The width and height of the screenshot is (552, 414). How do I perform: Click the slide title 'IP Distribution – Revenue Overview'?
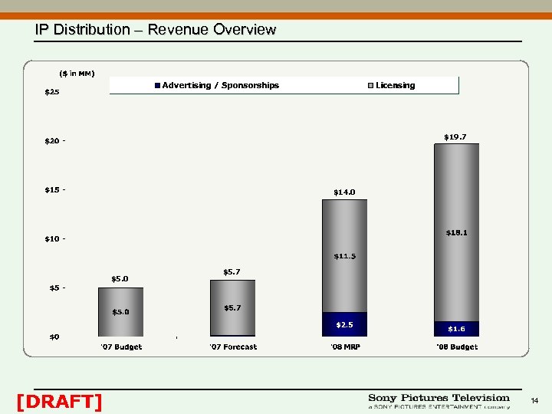[x=155, y=30]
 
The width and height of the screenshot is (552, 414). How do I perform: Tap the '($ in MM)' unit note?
[x=77, y=73]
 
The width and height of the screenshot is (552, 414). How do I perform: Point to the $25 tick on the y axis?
[x=52, y=92]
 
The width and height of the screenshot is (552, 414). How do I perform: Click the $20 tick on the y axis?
[x=52, y=141]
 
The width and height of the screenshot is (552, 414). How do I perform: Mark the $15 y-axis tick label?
[x=52, y=189]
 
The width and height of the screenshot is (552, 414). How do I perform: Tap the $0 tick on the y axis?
[x=54, y=337]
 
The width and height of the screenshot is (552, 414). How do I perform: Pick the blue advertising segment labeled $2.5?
[x=344, y=324]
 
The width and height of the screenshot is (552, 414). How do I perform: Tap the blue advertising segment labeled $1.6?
[x=456, y=329]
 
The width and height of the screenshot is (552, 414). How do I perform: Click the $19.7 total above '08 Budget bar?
[x=455, y=136]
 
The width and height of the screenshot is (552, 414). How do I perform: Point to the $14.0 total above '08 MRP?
[x=344, y=192]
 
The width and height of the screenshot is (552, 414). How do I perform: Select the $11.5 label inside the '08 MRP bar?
[x=344, y=256]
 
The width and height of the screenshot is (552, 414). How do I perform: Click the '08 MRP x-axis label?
[x=344, y=347]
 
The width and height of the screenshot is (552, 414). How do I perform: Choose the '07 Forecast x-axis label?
[x=233, y=347]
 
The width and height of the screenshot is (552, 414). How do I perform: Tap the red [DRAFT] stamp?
[x=58, y=401]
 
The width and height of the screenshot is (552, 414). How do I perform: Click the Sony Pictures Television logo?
[x=439, y=401]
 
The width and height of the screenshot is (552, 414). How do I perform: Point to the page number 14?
[x=534, y=401]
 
